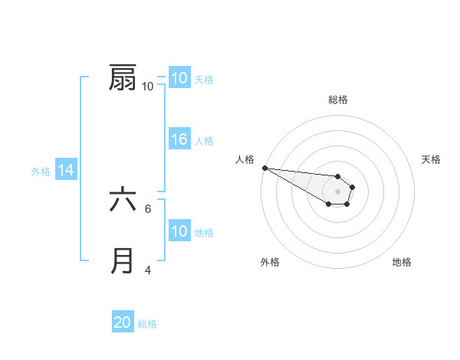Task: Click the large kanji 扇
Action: [x=123, y=78]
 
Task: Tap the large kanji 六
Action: [x=123, y=201]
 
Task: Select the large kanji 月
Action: [x=123, y=261]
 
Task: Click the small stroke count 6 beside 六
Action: [x=147, y=208]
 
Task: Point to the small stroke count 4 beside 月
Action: [x=147, y=270]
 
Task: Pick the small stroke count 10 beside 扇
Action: [x=147, y=87]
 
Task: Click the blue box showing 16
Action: [x=179, y=139]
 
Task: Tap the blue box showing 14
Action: [x=66, y=171]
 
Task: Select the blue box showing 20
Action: [x=123, y=323]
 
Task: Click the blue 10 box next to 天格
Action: [x=179, y=78]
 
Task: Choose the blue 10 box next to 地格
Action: [x=179, y=232]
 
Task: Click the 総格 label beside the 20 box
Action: [x=147, y=324]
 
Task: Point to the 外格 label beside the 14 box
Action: [x=41, y=172]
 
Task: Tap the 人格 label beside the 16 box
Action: [x=204, y=140]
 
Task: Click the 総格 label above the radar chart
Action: [x=338, y=100]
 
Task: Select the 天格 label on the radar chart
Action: [x=432, y=159]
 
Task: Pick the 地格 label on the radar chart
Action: [x=402, y=262]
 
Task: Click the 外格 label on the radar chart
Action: [x=270, y=262]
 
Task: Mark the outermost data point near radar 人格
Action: [x=264, y=168]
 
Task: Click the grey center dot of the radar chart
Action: [x=338, y=191]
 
